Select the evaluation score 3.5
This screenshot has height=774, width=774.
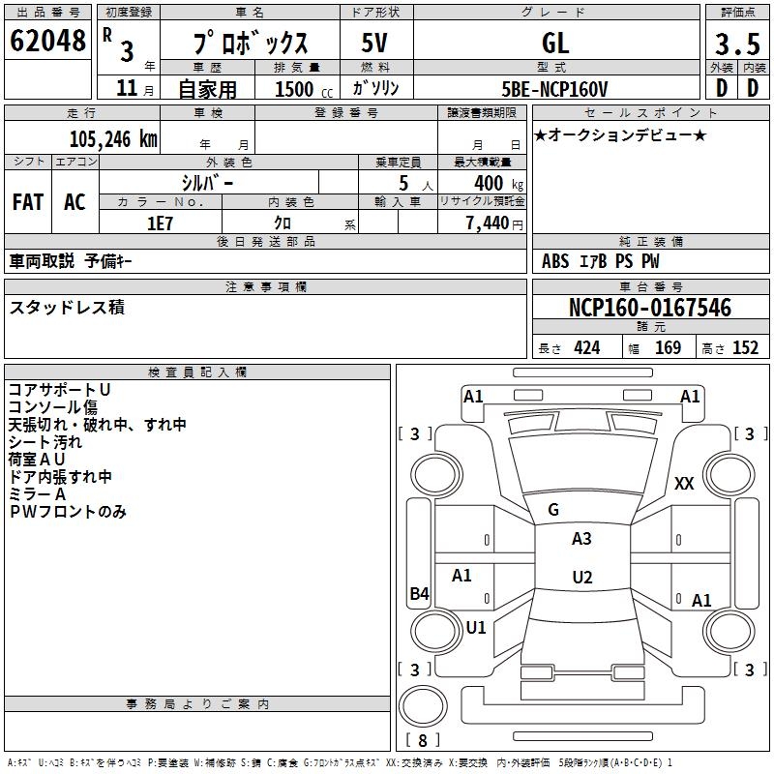click(x=735, y=45)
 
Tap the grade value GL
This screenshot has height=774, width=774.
click(x=555, y=43)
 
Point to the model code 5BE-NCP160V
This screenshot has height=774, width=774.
click(x=554, y=89)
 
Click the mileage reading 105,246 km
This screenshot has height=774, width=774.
click(x=112, y=139)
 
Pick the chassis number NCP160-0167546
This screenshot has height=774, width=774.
click(x=649, y=309)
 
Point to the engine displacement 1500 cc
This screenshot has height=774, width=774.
click(x=294, y=89)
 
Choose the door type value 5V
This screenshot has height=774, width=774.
click(x=375, y=43)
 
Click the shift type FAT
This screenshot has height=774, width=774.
click(x=27, y=202)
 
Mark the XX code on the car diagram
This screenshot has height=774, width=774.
click(x=684, y=484)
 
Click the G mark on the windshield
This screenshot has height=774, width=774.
click(x=552, y=510)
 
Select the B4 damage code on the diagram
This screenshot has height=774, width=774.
click(x=418, y=594)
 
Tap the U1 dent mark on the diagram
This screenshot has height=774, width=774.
click(x=475, y=627)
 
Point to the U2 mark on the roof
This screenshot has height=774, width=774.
click(x=581, y=578)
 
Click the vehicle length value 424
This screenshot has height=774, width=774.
click(x=586, y=347)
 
